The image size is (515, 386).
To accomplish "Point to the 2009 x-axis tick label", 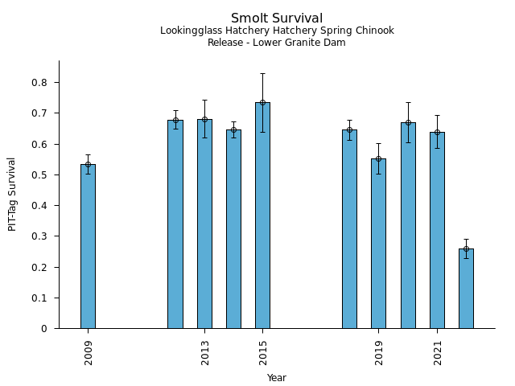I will pyautogui.click(x=89, y=352).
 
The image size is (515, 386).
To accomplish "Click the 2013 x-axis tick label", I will pyautogui.click(x=205, y=352).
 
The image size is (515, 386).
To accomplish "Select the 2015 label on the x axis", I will pyautogui.click(x=263, y=352).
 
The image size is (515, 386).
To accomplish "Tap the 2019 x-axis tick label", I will pyautogui.click(x=379, y=352).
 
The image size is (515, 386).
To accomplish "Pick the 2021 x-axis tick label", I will pyautogui.click(x=438, y=352).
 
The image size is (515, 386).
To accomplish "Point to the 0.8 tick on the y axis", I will pyautogui.click(x=39, y=83).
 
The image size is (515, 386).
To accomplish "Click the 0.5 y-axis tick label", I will pyautogui.click(x=39, y=175).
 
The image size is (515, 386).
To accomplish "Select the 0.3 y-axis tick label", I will pyautogui.click(x=39, y=236).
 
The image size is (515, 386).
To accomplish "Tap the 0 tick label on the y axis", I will pyautogui.click(x=45, y=329).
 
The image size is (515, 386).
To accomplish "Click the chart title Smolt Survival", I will pyautogui.click(x=277, y=18).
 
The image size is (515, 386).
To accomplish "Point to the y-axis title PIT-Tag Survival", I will pyautogui.click(x=12, y=194).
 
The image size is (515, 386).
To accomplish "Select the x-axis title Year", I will pyautogui.click(x=277, y=378).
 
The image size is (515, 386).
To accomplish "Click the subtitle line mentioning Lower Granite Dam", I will pyautogui.click(x=277, y=43).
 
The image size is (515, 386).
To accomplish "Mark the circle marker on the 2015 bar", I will pyautogui.click(x=262, y=103).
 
